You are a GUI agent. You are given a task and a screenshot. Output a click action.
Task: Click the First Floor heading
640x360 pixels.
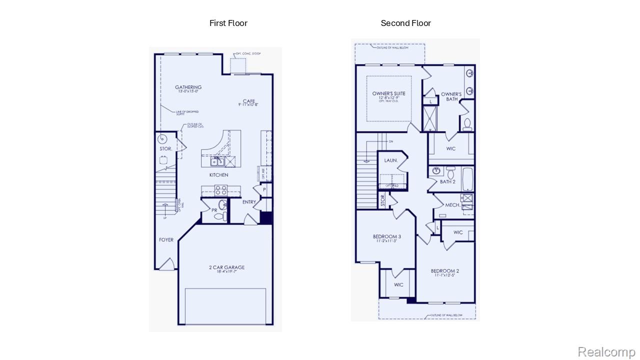(228, 23)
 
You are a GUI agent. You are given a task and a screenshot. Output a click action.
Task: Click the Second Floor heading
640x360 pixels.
(405, 23)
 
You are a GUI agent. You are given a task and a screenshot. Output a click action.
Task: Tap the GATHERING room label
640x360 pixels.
(188, 87)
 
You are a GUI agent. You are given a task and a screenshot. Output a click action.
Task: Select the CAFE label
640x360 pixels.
(248, 101)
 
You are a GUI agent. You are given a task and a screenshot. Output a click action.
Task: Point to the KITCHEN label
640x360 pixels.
(218, 175)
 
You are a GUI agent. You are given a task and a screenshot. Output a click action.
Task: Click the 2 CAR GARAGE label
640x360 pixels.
(226, 267)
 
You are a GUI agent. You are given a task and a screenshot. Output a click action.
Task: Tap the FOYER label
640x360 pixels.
(166, 240)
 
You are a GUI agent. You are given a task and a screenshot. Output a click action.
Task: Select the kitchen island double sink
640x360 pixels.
(217, 161)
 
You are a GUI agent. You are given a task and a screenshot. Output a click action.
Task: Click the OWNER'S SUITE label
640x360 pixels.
(388, 93)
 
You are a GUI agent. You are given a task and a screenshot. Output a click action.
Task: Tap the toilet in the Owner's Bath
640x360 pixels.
(467, 124)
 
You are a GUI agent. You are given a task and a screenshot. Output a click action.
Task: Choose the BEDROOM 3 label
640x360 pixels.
(386, 236)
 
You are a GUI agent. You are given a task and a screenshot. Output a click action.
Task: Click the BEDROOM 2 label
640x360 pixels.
(444, 271)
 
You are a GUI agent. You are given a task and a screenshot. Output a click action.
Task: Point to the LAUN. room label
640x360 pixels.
(390, 160)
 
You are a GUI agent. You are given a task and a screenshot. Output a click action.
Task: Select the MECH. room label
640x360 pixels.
(452, 205)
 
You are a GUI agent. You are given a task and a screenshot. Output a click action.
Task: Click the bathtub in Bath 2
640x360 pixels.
(467, 179)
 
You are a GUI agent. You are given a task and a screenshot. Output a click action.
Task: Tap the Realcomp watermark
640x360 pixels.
(606, 352)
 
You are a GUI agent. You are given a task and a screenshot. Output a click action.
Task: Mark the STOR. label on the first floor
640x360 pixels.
(165, 149)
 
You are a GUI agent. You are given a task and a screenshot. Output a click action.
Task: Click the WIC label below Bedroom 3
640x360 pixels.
(398, 285)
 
